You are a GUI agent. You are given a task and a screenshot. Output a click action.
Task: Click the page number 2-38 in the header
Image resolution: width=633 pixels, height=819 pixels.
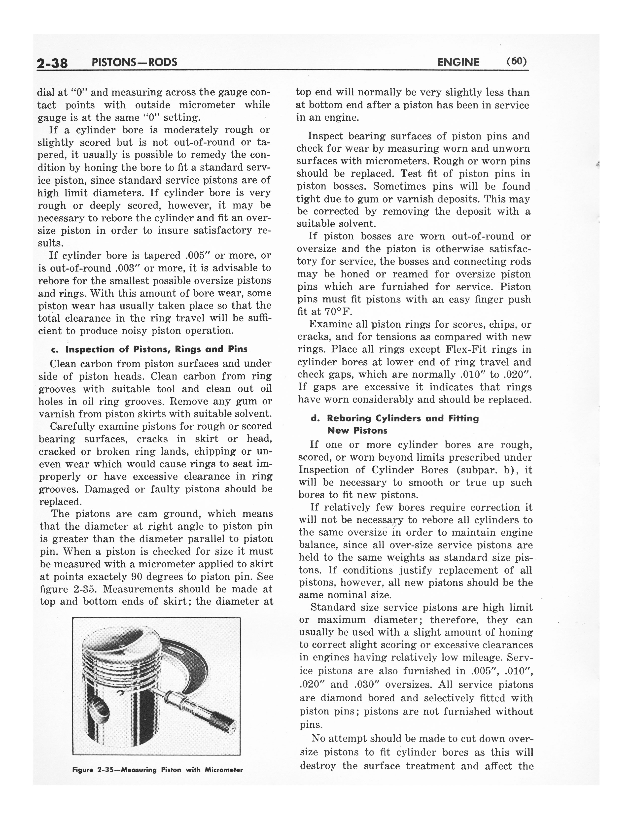pyautogui.click(x=52, y=63)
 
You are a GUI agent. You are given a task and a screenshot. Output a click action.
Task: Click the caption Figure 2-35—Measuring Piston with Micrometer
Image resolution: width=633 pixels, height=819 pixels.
pyautogui.click(x=157, y=770)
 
